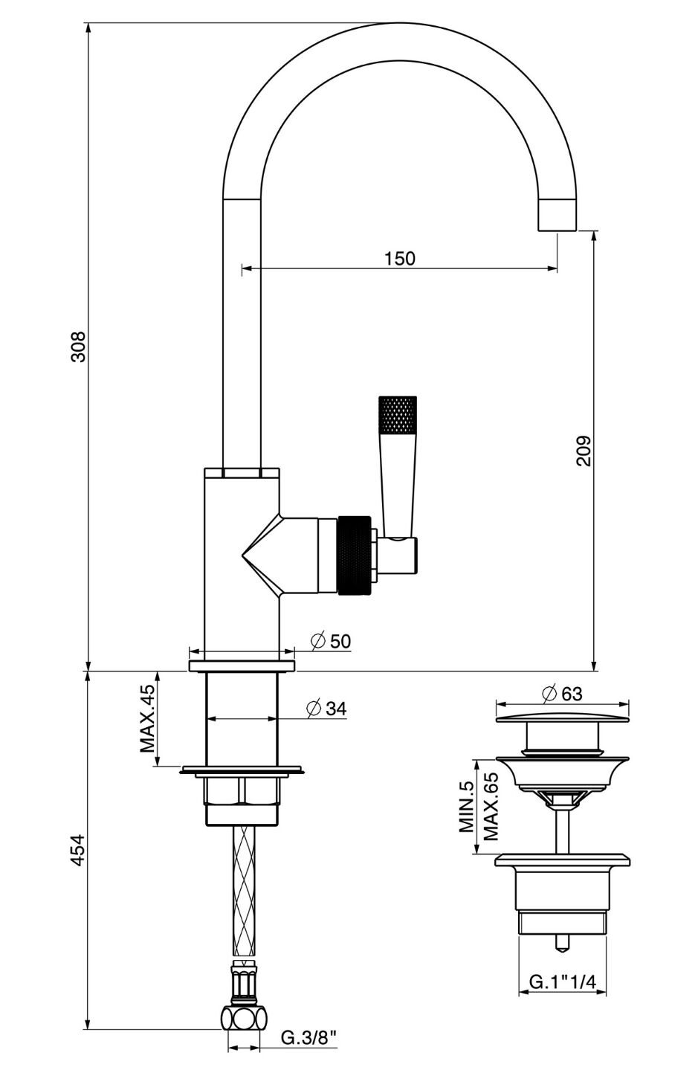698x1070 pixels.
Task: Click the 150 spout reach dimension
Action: (x=400, y=259)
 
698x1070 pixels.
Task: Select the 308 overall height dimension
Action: (x=77, y=347)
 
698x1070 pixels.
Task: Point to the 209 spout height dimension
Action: (x=583, y=450)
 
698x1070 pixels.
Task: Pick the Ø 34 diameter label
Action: (x=326, y=709)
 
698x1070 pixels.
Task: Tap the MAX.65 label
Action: (x=489, y=807)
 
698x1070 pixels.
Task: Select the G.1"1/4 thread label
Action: (x=562, y=982)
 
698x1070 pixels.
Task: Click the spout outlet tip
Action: (x=557, y=216)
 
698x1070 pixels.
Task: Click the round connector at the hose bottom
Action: (x=244, y=1017)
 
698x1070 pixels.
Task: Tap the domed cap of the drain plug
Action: (x=562, y=715)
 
